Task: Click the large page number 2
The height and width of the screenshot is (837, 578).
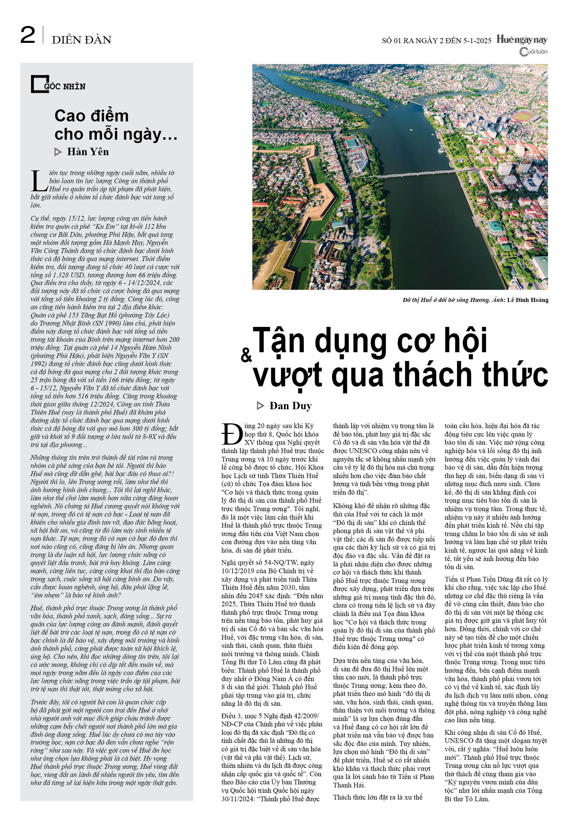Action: click(x=28, y=35)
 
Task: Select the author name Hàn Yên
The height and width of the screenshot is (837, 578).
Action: click(x=88, y=152)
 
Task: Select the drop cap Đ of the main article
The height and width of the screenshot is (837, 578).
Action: click(x=232, y=434)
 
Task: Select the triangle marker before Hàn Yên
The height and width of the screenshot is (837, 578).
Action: click(x=58, y=152)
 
